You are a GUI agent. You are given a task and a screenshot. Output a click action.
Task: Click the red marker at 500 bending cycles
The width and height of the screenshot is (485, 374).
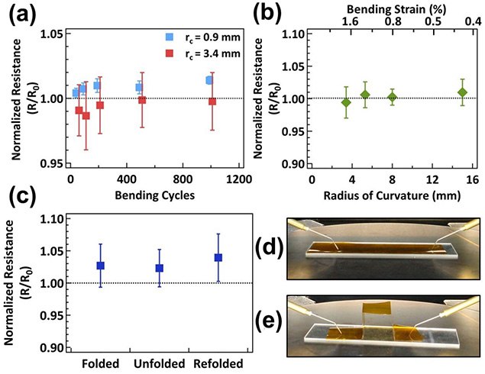tap(142, 100)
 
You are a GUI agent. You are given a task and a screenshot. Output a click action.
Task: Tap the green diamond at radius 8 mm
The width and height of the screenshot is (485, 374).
tap(393, 97)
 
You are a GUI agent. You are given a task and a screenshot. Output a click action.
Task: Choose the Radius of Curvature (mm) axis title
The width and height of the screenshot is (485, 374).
tap(390, 194)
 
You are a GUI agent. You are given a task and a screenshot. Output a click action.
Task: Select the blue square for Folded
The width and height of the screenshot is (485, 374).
tap(100, 266)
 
